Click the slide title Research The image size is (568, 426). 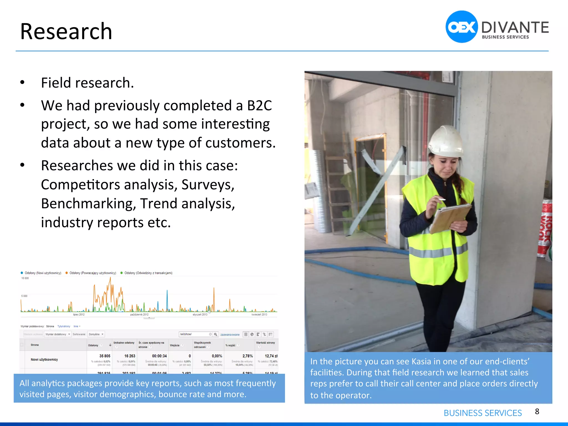click(66, 31)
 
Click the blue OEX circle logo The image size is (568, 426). click(461, 27)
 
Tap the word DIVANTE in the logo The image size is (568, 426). click(515, 28)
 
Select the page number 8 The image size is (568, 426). click(537, 411)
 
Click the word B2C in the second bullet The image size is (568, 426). click(259, 106)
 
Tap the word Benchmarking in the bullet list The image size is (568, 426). click(88, 204)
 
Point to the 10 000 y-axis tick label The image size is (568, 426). click(25, 278)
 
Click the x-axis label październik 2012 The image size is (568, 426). click(139, 315)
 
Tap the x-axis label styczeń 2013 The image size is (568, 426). click(200, 315)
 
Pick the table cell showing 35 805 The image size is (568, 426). click(105, 356)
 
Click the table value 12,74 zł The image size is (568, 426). click(271, 356)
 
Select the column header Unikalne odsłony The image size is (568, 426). click(124, 343)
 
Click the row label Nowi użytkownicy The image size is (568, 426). click(44, 359)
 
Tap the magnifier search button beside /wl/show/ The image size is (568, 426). click(215, 334)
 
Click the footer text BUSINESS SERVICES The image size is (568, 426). click(483, 413)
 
